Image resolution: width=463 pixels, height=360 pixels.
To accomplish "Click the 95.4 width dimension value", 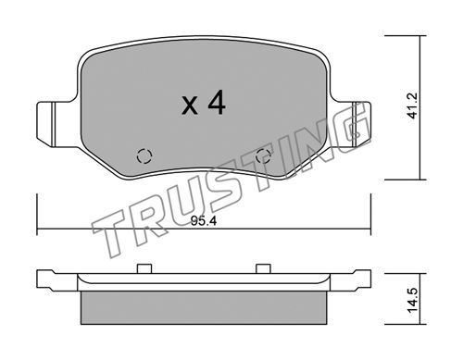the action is click(204, 221).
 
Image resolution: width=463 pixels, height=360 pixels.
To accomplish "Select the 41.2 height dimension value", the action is click(412, 106).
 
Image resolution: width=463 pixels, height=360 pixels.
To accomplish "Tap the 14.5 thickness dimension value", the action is click(412, 300).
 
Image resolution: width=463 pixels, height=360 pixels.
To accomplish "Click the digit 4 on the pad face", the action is click(217, 104).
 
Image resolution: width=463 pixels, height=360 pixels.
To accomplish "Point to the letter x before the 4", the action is click(190, 106).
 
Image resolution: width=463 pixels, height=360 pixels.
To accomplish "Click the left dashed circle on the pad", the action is click(144, 156).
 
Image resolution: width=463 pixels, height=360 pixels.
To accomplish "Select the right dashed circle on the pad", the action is click(264, 156).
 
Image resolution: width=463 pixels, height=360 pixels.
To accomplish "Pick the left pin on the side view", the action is click(144, 268).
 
